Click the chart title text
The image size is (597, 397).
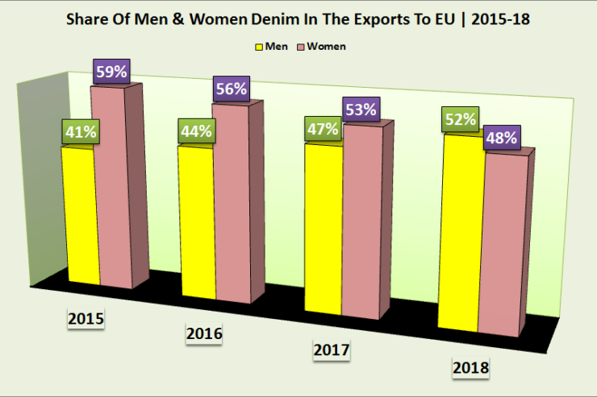point(298,19)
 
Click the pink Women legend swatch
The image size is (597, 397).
point(300,46)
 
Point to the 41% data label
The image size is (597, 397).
point(78,130)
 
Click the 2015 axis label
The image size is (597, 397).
point(87,320)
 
